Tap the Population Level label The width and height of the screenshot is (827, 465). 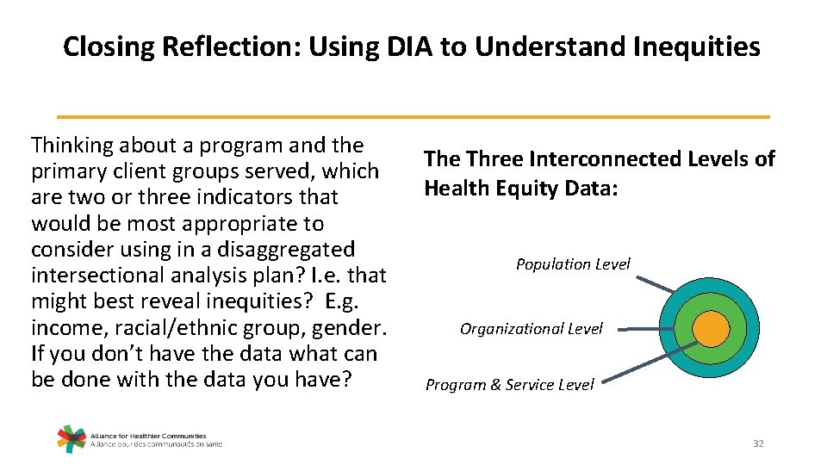[573, 264]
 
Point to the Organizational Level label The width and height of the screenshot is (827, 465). [532, 329]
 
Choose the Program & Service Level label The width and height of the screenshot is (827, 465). [509, 385]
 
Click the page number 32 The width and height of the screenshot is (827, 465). [758, 443]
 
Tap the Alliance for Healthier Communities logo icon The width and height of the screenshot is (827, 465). [72, 438]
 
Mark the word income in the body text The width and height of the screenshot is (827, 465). [65, 328]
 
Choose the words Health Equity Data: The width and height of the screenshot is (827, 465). [520, 188]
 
